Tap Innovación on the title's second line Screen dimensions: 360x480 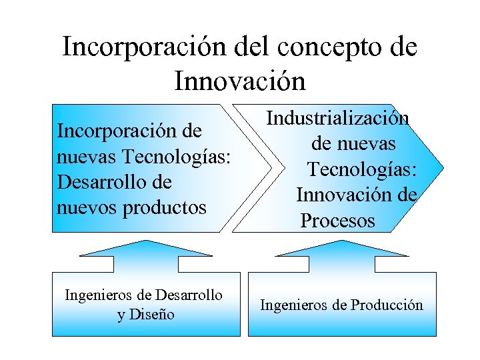tap(240, 81)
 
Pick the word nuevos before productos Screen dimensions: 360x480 tap(88, 207)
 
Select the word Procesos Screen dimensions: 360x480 tap(338, 221)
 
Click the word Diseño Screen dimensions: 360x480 tap(155, 315)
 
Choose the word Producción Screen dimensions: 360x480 tap(387, 305)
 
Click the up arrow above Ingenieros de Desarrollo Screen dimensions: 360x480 tap(145, 254)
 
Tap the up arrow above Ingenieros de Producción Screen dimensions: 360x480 tap(341, 254)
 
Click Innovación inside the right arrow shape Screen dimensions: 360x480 tap(338, 195)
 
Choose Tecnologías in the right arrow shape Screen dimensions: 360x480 tap(363, 169)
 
